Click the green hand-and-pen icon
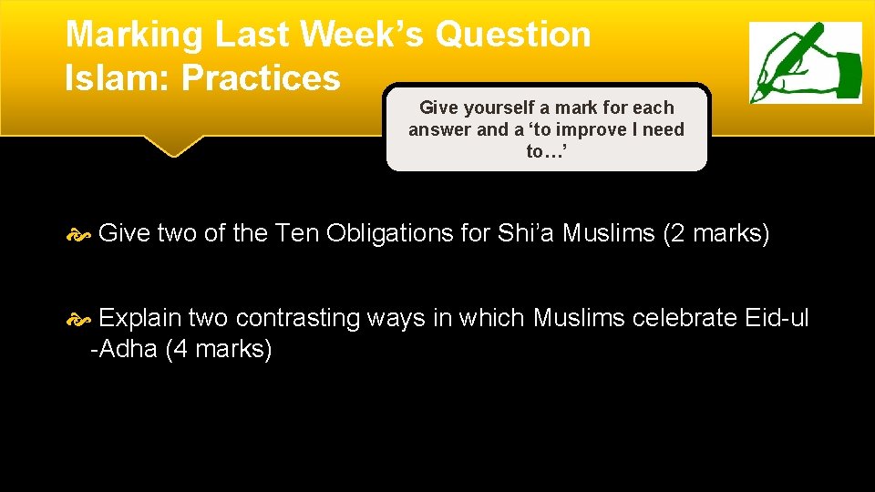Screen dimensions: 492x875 [x=805, y=63]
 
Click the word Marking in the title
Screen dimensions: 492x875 [x=133, y=35]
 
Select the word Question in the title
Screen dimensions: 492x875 [x=514, y=35]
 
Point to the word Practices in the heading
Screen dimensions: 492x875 [x=261, y=78]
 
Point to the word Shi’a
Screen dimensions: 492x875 [x=526, y=233]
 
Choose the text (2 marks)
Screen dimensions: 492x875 [x=717, y=233]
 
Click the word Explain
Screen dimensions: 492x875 [x=139, y=318]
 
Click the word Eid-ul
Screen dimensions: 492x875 [x=777, y=318]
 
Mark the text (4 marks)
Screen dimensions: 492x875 [x=219, y=349]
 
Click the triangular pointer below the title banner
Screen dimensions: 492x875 [x=173, y=146]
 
